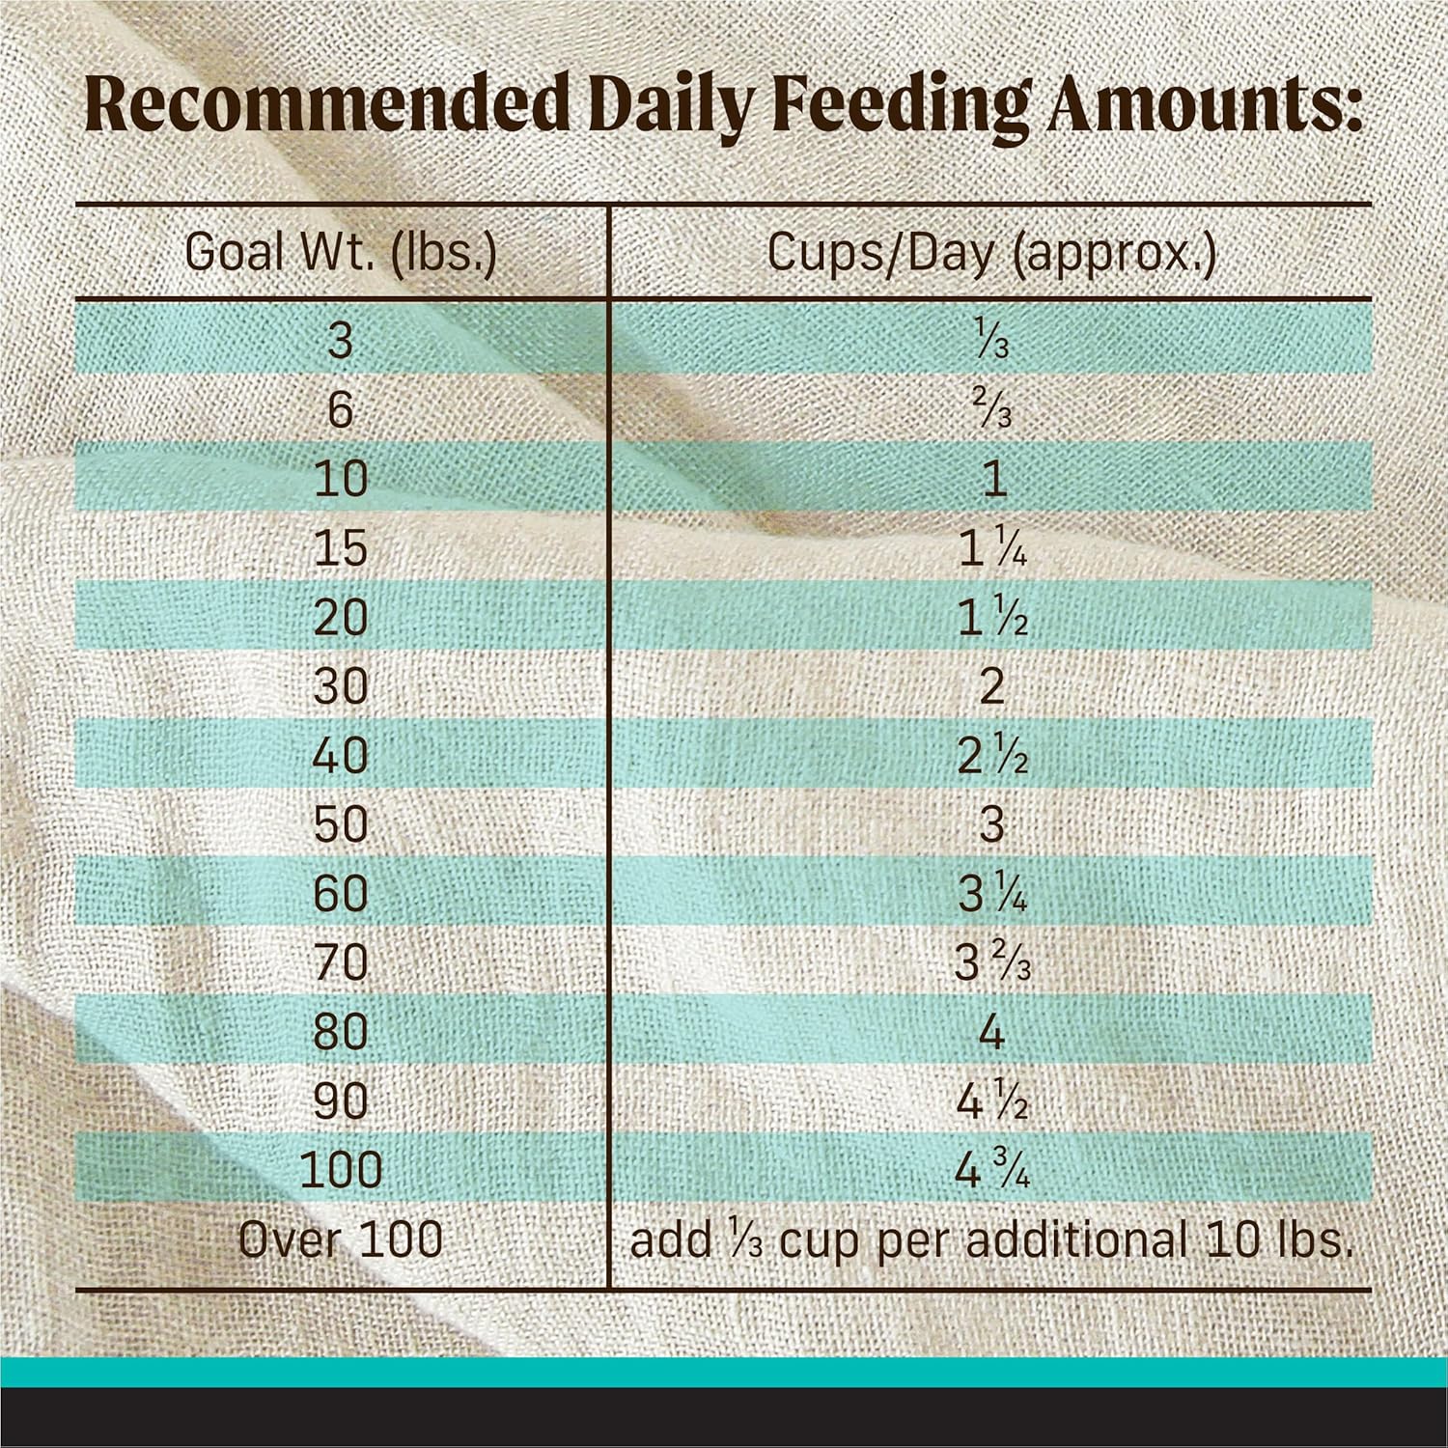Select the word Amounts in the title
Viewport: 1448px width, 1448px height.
1207,109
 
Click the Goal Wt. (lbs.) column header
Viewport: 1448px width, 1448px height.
341,253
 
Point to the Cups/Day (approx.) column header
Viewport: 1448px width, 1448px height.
991,253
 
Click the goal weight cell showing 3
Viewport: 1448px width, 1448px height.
341,342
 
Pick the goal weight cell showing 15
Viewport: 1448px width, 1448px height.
341,548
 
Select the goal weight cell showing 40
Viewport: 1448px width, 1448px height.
341,755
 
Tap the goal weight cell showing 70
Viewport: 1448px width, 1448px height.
341,962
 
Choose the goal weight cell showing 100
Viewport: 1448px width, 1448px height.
341,1170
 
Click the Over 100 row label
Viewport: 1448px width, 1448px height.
341,1239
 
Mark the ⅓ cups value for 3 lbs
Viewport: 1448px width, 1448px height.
992,342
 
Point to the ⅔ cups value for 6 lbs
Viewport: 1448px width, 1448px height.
992,411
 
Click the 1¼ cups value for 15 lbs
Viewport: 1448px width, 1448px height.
992,548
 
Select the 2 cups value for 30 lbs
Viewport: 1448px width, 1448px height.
992,686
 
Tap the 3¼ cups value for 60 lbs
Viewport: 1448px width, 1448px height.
992,894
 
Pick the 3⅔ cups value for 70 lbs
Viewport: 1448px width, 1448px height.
992,962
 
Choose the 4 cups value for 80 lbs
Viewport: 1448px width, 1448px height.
992,1032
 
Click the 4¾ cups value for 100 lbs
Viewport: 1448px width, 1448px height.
992,1170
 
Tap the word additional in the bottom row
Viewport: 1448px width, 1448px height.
1075,1239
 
